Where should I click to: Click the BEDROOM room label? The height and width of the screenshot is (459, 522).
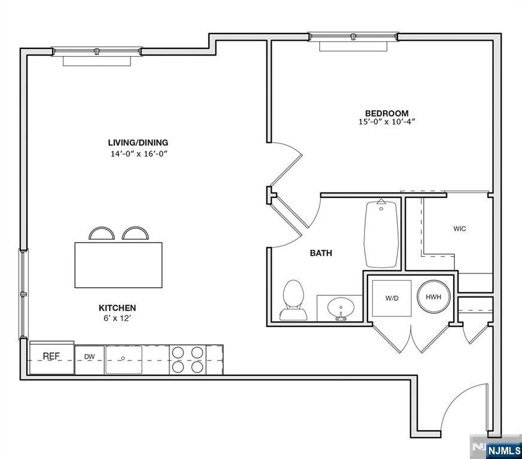[387, 113]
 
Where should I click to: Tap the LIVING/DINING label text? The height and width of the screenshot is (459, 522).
[138, 143]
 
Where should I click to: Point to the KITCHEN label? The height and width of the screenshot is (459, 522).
[117, 308]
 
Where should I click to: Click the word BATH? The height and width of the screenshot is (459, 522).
[321, 253]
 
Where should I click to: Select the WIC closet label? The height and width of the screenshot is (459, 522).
[459, 229]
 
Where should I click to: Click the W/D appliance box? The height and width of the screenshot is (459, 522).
[392, 298]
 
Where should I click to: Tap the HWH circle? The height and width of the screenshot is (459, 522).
[433, 297]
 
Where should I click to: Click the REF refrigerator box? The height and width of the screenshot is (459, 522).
[51, 357]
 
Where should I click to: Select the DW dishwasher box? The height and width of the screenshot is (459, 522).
[89, 357]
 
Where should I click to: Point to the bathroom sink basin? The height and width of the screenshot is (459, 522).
[341, 307]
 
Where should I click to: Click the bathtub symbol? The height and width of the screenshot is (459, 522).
[382, 234]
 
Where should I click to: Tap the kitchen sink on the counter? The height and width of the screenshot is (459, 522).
[124, 359]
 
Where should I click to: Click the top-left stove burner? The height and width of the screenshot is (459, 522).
[178, 353]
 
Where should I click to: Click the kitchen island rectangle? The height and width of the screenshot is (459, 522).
[118, 264]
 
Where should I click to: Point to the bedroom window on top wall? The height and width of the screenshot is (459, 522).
[353, 38]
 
